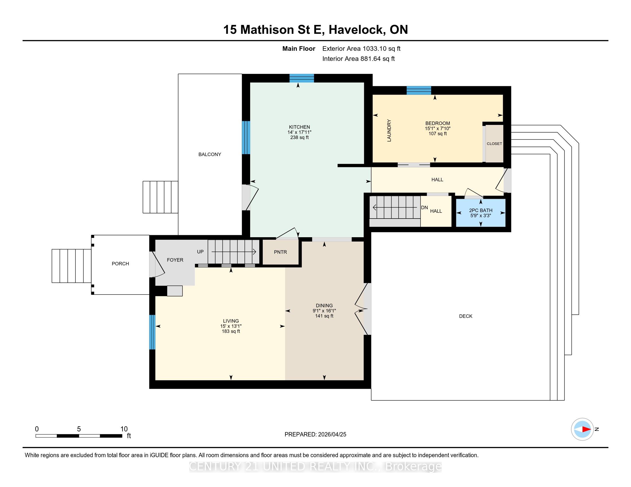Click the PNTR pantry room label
pyautogui.click(x=280, y=252)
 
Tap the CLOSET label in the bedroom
pyautogui.click(x=494, y=144)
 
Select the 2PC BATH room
pyautogui.click(x=481, y=213)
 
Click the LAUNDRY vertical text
pyautogui.click(x=389, y=130)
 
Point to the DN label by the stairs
pyautogui.click(x=424, y=207)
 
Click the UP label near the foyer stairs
pyautogui.click(x=200, y=252)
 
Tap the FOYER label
pyautogui.click(x=175, y=260)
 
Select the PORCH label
pyautogui.click(x=120, y=264)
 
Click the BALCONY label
pyautogui.click(x=210, y=154)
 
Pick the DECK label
pyautogui.click(x=466, y=316)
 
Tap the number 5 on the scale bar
pyautogui.click(x=79, y=429)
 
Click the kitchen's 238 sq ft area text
pyautogui.click(x=299, y=137)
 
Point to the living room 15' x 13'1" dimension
pyautogui.click(x=231, y=326)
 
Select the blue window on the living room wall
pyautogui.click(x=152, y=332)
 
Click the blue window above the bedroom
pyautogui.click(x=419, y=90)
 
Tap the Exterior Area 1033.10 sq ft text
pyautogui.click(x=361, y=49)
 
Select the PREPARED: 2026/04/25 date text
pyautogui.click(x=315, y=435)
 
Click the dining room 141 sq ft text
pyautogui.click(x=324, y=316)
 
